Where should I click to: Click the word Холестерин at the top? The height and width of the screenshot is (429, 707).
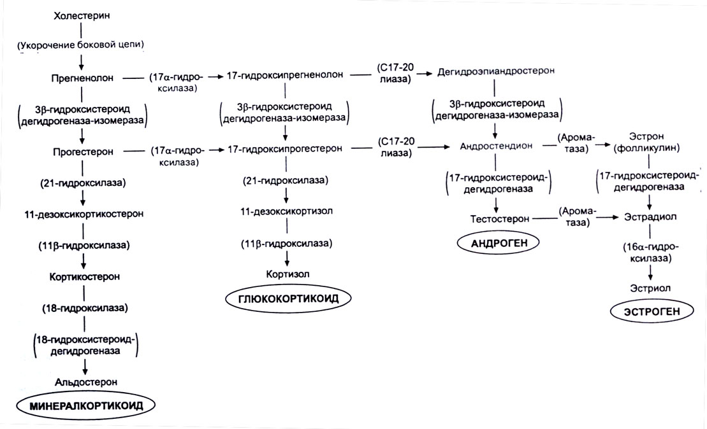(82, 13)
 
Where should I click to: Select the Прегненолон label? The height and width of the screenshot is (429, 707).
(82, 78)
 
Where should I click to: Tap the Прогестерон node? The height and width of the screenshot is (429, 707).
(82, 153)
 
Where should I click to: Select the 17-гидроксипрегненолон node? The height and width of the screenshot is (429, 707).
(285, 75)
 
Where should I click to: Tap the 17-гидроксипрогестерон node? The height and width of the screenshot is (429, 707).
(285, 149)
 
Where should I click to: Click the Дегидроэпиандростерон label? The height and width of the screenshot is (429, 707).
(496, 73)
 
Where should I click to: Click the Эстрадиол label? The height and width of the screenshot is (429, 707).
(650, 217)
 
